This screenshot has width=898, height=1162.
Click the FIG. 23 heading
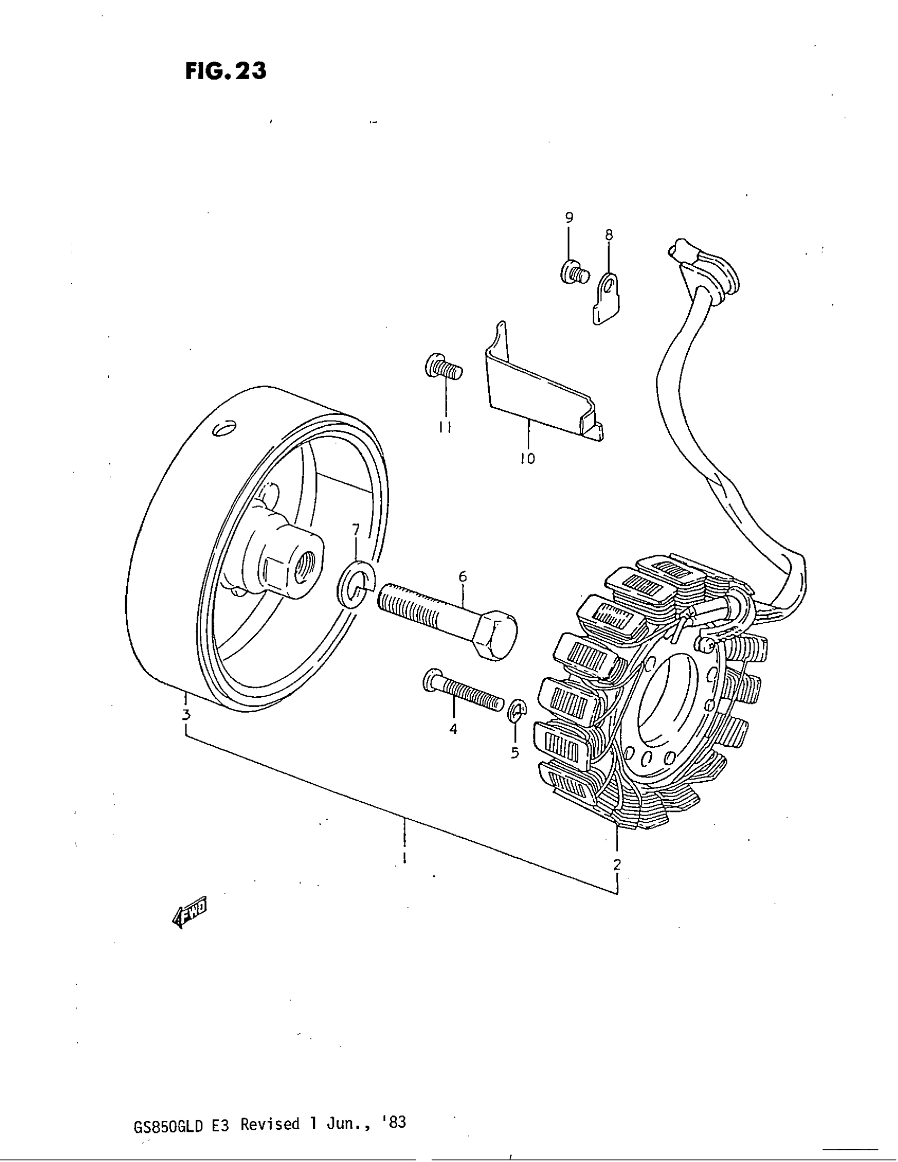(x=226, y=71)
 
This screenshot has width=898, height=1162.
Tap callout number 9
(x=569, y=217)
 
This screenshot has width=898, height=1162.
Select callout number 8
(x=609, y=235)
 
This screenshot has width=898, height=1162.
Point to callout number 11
(x=445, y=427)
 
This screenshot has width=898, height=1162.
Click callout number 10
(x=528, y=458)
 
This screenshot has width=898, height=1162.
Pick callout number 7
(x=356, y=529)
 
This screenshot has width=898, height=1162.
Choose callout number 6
(x=462, y=576)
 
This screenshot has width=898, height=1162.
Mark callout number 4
(x=453, y=729)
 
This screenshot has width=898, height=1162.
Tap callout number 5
(x=515, y=753)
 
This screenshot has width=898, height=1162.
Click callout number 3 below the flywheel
(x=185, y=715)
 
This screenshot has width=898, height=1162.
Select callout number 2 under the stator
(x=616, y=864)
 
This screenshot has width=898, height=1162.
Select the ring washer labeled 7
(x=356, y=583)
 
